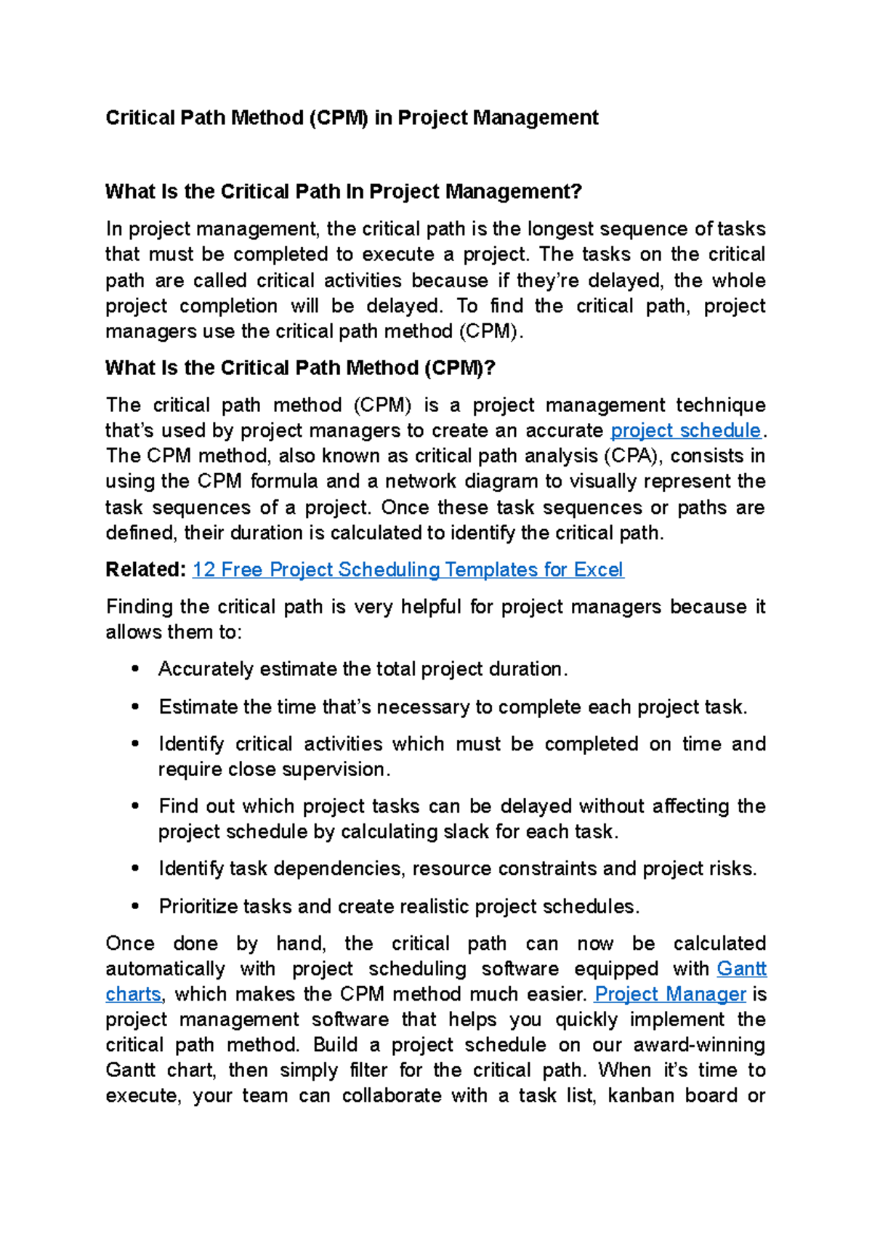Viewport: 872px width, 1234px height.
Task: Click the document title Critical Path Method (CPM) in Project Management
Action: (352, 118)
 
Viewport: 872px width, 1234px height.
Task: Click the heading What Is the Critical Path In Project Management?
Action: (344, 192)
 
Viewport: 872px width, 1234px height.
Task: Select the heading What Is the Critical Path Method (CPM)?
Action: (299, 368)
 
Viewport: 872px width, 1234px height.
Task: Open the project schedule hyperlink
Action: (685, 431)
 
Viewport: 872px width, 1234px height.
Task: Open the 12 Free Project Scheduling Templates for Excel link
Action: (408, 570)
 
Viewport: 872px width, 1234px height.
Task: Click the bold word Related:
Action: (146, 570)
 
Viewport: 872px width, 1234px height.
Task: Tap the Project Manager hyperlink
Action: (670, 994)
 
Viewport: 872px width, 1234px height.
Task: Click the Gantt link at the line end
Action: (741, 969)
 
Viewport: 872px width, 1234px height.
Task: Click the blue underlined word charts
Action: (133, 994)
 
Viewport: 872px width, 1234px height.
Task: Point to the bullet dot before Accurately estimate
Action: (135, 669)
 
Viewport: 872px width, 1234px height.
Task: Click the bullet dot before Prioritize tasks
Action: (135, 906)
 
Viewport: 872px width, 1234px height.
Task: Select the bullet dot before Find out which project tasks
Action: (135, 806)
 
